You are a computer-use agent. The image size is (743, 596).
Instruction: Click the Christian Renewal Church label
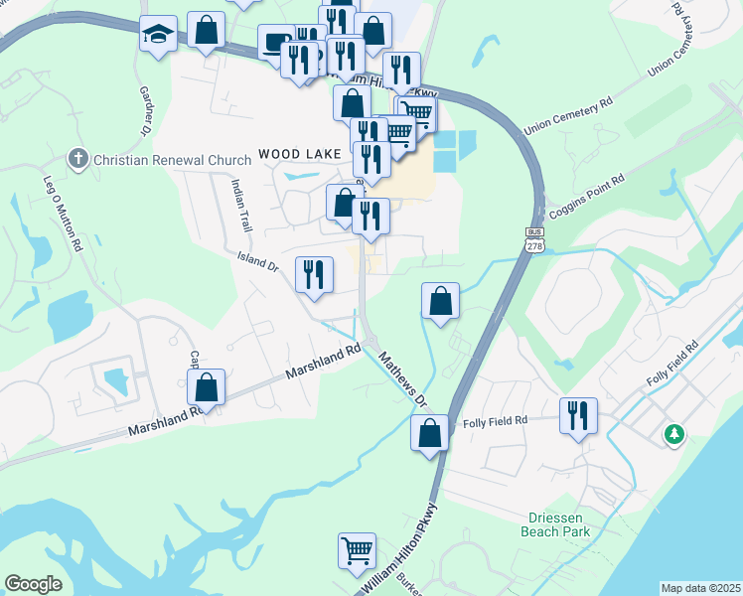(159, 160)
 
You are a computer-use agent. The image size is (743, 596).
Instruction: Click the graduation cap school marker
(159, 36)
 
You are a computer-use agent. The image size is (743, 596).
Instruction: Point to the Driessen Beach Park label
(555, 524)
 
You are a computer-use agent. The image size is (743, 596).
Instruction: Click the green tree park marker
(674, 433)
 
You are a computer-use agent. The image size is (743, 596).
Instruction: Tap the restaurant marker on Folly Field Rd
(578, 414)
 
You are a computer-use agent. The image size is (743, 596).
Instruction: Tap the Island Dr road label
(256, 262)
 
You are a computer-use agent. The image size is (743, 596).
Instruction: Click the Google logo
(33, 584)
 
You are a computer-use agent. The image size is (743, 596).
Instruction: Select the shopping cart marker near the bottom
(357, 549)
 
